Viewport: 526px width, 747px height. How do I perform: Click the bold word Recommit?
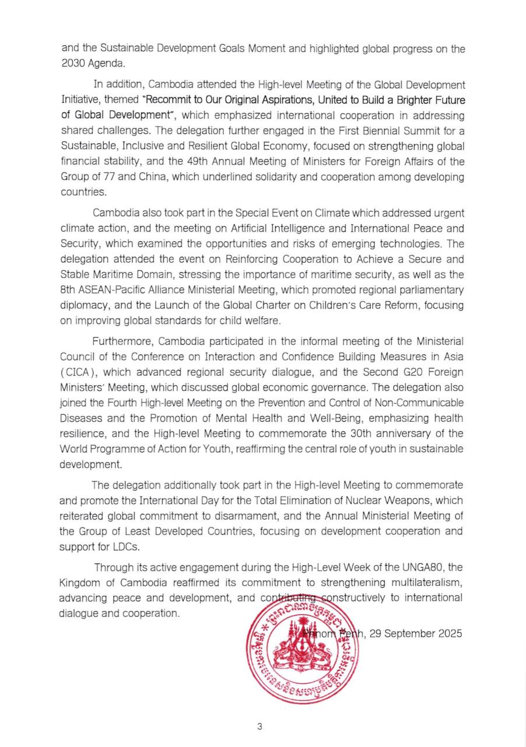pos(172,100)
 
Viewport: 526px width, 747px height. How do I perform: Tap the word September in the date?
pos(412,633)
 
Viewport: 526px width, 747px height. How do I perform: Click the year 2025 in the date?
pos(450,633)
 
